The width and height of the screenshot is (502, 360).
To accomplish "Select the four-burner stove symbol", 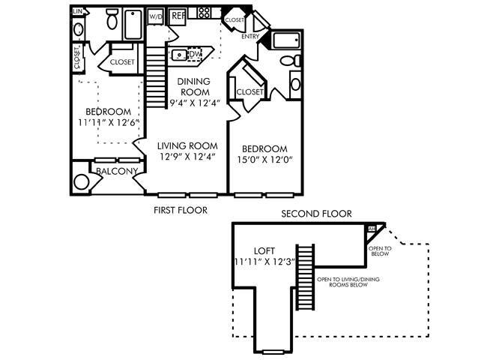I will [202, 13].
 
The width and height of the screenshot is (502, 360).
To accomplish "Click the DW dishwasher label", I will [196, 54].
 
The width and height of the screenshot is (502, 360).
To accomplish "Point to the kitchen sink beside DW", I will [180, 54].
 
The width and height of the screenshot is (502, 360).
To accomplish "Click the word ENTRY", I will [250, 36].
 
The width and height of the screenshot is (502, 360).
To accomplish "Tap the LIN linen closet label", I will [78, 12].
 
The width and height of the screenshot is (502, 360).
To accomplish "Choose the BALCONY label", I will [116, 172].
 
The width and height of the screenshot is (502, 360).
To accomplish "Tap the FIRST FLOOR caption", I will [179, 211].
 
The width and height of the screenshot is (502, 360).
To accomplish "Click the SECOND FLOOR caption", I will [315, 214].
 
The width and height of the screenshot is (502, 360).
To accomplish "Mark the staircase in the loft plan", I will [306, 277].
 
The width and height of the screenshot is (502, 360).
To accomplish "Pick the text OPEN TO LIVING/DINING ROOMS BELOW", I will [342, 282].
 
